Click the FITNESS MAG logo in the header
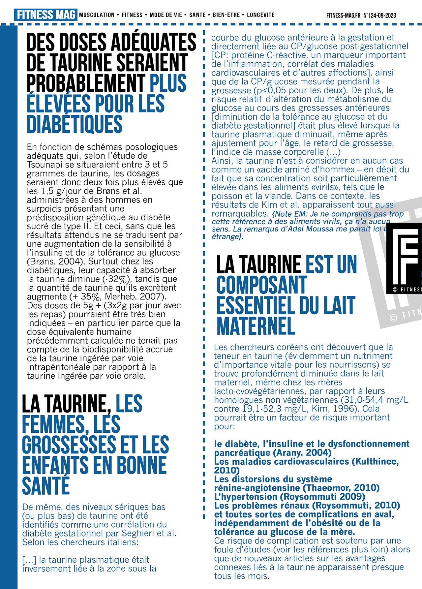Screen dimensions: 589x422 [45, 15]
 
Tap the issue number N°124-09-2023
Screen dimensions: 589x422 [379, 15]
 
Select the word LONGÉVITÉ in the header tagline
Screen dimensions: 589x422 [260, 15]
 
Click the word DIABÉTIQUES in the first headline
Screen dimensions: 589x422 [75, 124]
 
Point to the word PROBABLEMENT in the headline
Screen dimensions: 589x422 [86, 83]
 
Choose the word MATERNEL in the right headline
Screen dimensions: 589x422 [256, 326]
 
